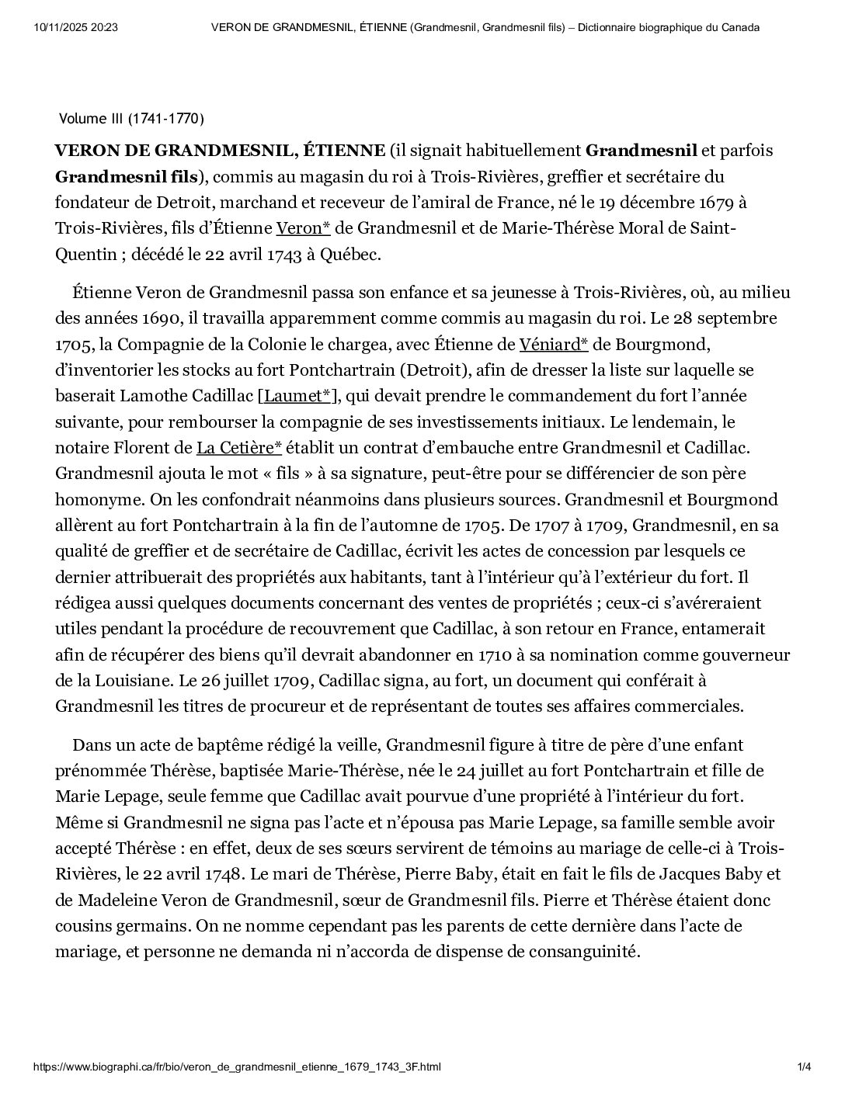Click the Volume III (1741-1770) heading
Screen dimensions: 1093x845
click(x=131, y=119)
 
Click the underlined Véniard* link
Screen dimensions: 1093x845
click(x=553, y=344)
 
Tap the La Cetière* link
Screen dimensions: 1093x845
click(x=238, y=448)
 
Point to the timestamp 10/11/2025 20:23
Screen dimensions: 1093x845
click(x=76, y=28)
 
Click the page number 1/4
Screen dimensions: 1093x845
click(x=804, y=1067)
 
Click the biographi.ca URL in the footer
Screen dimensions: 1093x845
click(x=237, y=1067)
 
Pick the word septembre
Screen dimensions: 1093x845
click(x=733, y=318)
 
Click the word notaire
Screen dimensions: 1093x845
click(x=85, y=448)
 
